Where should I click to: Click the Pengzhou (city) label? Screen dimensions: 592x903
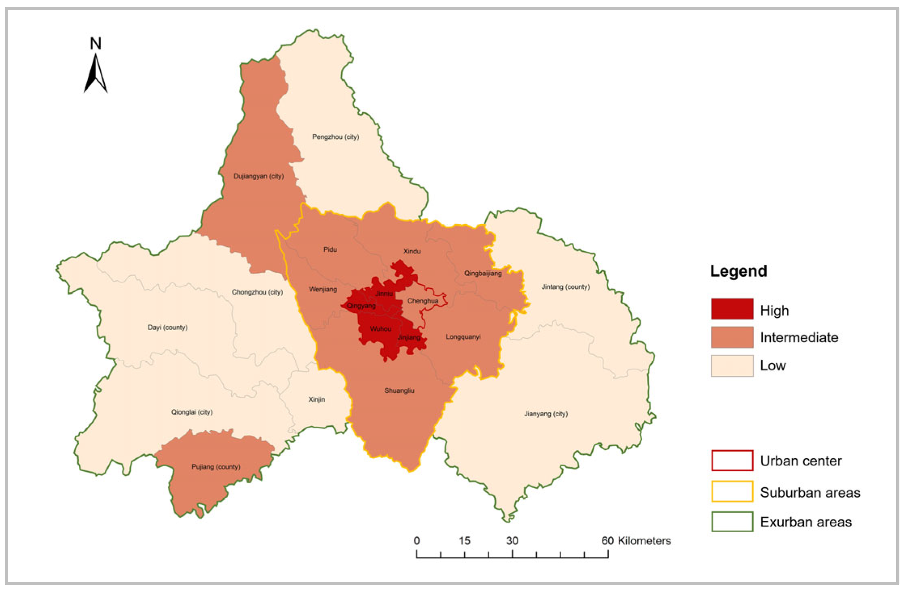[x=335, y=137]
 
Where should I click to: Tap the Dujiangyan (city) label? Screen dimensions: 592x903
[x=258, y=176]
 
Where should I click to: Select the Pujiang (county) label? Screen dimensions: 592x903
[x=216, y=467]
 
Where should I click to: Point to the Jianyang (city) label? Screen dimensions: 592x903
[x=546, y=414]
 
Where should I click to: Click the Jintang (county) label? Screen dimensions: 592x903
[x=565, y=287]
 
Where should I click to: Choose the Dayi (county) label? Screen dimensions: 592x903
[x=167, y=327]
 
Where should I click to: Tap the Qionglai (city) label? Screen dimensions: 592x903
[x=192, y=412]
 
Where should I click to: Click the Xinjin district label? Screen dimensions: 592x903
[x=317, y=399]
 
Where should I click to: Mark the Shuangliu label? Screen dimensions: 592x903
[x=399, y=390]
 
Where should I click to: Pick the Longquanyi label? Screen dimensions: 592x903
[x=463, y=337]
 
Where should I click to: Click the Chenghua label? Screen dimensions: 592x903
[x=423, y=301]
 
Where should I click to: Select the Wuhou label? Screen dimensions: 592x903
[x=381, y=329]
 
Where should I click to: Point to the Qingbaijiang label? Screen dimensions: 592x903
[x=483, y=273]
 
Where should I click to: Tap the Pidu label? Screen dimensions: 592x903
[x=330, y=249]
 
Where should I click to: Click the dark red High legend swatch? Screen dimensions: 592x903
[x=732, y=309]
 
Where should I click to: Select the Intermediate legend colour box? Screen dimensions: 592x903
[x=732, y=337]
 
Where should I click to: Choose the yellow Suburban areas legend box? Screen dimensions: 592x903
[x=732, y=491]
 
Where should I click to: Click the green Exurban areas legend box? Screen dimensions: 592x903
[x=732, y=521]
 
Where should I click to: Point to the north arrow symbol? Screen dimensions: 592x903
[x=96, y=73]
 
